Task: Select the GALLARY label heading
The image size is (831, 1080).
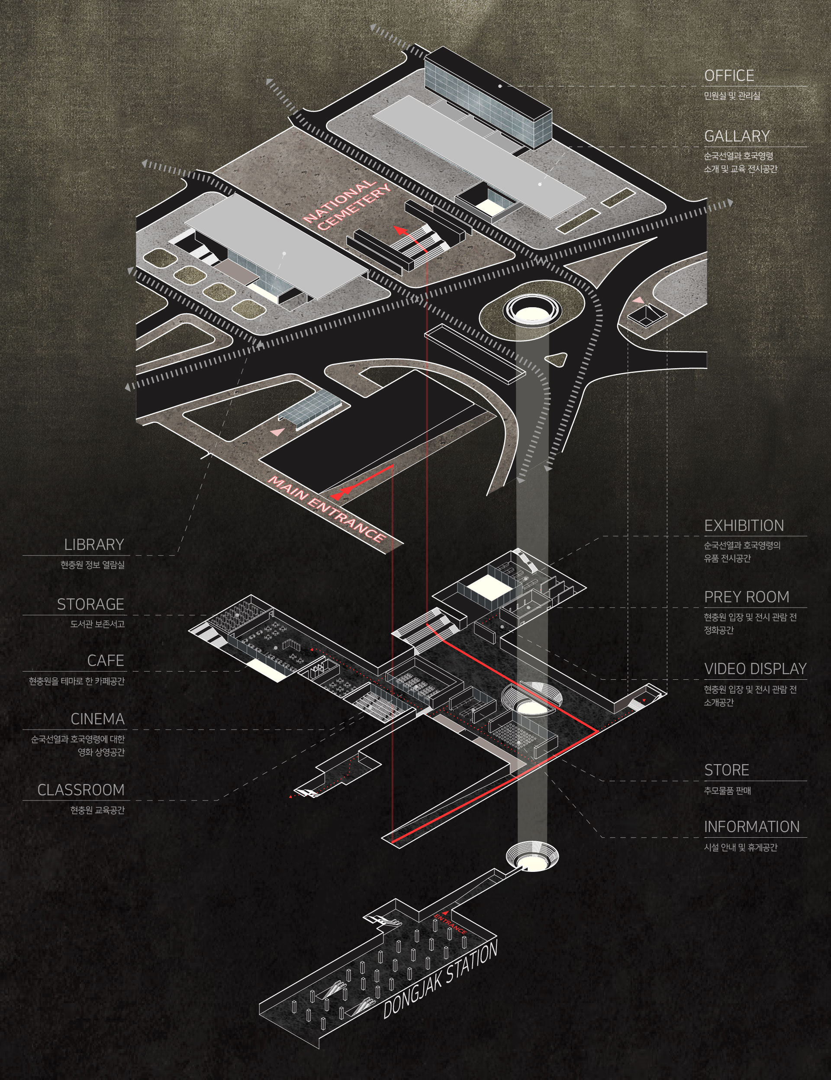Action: pyautogui.click(x=737, y=136)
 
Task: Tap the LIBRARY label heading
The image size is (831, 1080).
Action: pyautogui.click(x=94, y=544)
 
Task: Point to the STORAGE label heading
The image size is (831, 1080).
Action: pyautogui.click(x=90, y=604)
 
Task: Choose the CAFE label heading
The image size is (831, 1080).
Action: pyautogui.click(x=105, y=661)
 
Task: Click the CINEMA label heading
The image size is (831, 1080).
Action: pyautogui.click(x=97, y=719)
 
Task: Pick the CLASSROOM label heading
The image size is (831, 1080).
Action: pyautogui.click(x=81, y=790)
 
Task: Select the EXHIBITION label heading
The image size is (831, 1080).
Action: pyautogui.click(x=744, y=526)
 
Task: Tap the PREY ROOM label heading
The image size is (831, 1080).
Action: pyautogui.click(x=747, y=597)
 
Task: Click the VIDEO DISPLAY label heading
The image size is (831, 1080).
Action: pyautogui.click(x=755, y=669)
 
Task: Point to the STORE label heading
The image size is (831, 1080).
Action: pyautogui.click(x=726, y=770)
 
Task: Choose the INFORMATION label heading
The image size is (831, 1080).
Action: pyautogui.click(x=751, y=827)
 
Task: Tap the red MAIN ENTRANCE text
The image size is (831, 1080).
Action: pyautogui.click(x=326, y=509)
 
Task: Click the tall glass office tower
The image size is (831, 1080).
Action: pyautogui.click(x=487, y=99)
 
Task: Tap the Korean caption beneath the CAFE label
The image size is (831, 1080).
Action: pyautogui.click(x=77, y=681)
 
